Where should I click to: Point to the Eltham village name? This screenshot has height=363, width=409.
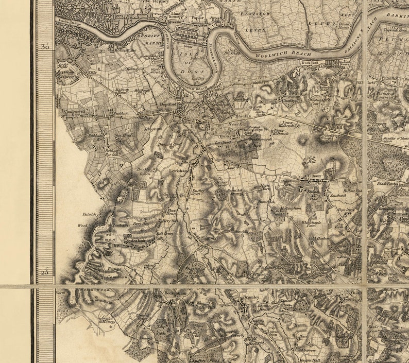coord(314,176)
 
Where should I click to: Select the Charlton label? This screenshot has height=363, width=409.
coord(289,101)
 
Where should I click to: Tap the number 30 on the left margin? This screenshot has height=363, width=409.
coord(45,47)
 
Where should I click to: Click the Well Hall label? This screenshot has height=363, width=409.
coord(311,160)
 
